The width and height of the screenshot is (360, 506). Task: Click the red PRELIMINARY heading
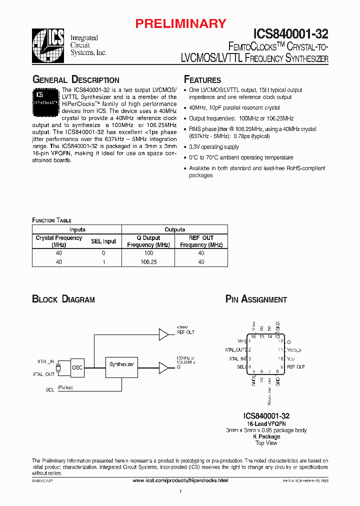click(x=181, y=23)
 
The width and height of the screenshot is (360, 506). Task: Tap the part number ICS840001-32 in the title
click(x=291, y=34)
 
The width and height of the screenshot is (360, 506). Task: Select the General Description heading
click(x=76, y=80)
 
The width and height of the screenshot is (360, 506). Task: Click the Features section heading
click(x=202, y=80)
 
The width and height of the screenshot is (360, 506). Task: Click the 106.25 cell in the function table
click(x=148, y=261)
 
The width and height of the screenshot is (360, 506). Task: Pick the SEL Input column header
click(x=103, y=241)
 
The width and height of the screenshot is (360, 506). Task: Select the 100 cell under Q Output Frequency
click(x=148, y=253)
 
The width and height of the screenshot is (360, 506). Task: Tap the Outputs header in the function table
click(x=175, y=229)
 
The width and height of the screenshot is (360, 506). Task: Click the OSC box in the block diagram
click(x=77, y=367)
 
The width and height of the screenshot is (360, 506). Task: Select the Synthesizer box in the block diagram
click(x=121, y=364)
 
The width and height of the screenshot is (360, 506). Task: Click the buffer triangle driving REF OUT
click(x=164, y=333)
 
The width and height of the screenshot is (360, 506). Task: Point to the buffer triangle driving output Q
click(x=164, y=367)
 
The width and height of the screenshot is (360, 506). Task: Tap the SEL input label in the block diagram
click(x=50, y=388)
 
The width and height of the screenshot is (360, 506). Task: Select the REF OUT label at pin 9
click(x=295, y=367)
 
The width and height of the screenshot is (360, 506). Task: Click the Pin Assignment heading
click(x=256, y=299)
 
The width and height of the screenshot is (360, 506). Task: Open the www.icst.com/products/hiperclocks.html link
click(x=180, y=480)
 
